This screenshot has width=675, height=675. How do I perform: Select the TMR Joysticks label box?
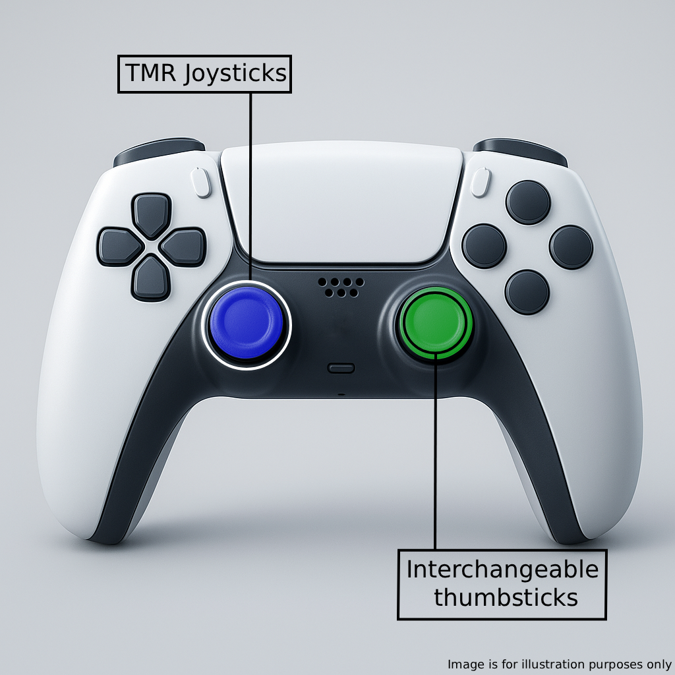click(x=204, y=74)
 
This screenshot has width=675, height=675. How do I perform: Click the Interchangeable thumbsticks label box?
click(x=502, y=584)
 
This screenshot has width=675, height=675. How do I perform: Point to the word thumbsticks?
click(x=506, y=598)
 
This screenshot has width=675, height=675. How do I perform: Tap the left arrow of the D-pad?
click(x=119, y=247)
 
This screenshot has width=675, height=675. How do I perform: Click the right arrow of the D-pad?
click(x=183, y=247)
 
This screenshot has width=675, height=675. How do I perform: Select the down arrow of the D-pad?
click(x=152, y=278)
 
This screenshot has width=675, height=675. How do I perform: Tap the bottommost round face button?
click(x=527, y=291)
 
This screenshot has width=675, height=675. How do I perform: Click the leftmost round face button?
click(x=484, y=246)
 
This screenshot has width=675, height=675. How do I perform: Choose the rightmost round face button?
click(x=571, y=247)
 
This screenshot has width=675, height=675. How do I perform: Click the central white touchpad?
click(x=341, y=201)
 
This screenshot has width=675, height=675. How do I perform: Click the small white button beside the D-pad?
click(x=202, y=183)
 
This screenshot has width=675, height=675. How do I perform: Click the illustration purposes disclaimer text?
click(x=559, y=664)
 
